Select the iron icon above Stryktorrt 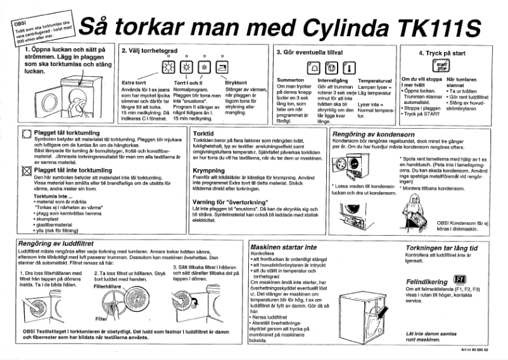coord(222,68)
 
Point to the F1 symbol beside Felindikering coord(460,280)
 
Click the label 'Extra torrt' coord(134,82)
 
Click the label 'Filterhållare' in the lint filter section coord(109,286)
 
